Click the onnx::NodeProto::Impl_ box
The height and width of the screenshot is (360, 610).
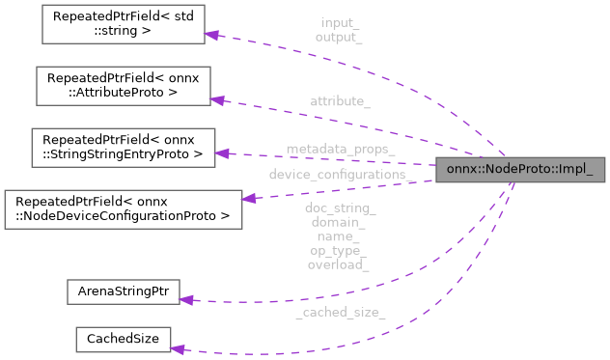coord(521,170)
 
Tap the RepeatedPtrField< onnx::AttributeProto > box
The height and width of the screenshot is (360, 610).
coord(121,86)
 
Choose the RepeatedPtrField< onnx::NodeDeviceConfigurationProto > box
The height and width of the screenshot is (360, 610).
coord(123,208)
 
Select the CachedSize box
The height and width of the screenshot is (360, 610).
coord(123,339)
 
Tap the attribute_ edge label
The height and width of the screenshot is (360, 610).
coord(341,100)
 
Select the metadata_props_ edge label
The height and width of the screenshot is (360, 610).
coord(341,149)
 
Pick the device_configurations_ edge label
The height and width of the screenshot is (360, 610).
coord(350,175)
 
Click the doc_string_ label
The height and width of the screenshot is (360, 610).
coord(340,208)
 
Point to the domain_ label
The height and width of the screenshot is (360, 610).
coord(338,222)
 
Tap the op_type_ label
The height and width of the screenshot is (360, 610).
coord(338,250)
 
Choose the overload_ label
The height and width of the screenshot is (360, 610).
coord(338,263)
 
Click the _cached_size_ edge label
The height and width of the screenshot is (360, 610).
coord(341,312)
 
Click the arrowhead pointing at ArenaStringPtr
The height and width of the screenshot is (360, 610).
coord(188,300)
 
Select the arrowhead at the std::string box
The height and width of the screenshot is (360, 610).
coord(214,35)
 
